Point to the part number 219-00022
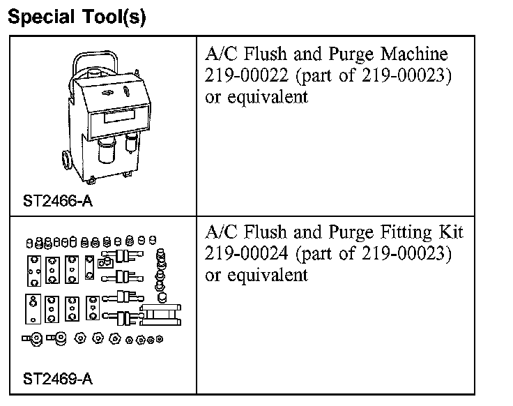point(245,76)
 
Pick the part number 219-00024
point(245,253)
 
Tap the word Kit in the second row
point(450,232)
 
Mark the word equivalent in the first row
point(266,97)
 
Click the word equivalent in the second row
point(266,274)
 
